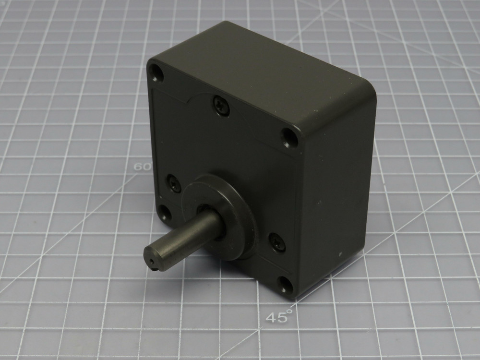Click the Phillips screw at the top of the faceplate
click(x=221, y=105)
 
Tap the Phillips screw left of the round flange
click(x=174, y=183)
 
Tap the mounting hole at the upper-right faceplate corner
click(x=288, y=137)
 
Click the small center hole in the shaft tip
click(x=152, y=262)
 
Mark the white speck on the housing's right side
click(x=340, y=251)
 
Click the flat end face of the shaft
click(x=153, y=260)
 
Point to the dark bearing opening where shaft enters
click(x=204, y=211)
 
